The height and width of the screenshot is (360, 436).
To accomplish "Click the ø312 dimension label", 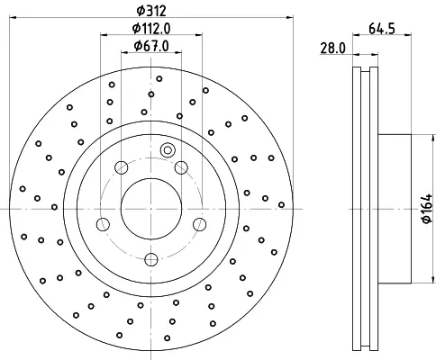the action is (151, 11).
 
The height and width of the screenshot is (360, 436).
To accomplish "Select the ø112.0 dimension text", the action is (151, 29).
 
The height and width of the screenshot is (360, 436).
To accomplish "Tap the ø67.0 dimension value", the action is (151, 46).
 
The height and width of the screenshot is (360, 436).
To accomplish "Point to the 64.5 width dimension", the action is (382, 29).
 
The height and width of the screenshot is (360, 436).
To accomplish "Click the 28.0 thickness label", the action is (333, 48).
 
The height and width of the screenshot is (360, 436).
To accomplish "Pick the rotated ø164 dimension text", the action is (427, 209).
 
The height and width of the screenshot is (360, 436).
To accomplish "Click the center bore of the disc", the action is (151, 209).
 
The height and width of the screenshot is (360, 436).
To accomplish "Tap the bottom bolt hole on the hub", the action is (151, 259).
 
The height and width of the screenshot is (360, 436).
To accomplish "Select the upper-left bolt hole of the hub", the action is (122, 167).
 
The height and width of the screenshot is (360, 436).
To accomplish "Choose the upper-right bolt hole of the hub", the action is (181, 167).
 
